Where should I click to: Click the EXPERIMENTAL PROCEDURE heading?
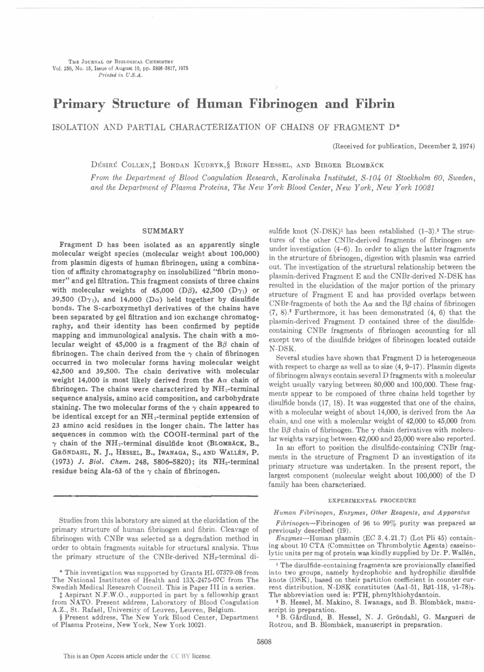(372, 500)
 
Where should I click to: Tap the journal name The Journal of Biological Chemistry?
(121, 62)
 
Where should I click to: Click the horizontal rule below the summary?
(155, 495)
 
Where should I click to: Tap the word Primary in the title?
(79, 104)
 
